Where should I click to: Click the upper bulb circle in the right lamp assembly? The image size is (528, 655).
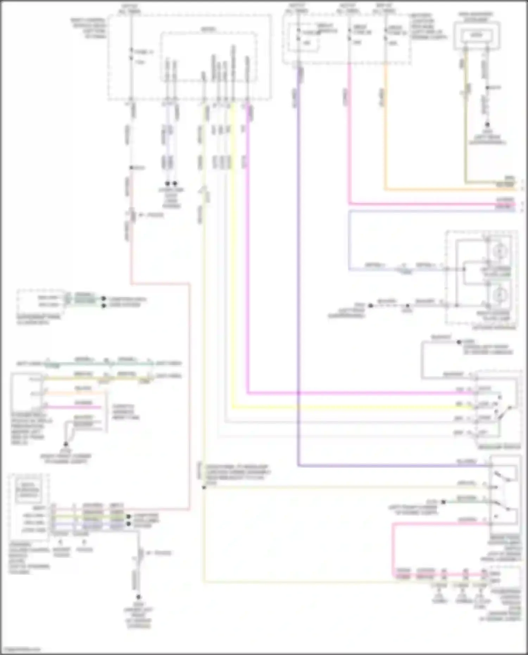pos(499,251)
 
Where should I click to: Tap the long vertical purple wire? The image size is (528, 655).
pos(298,282)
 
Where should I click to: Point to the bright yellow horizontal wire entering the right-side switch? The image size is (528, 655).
pos(352,408)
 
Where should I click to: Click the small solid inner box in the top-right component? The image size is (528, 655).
pos(477,35)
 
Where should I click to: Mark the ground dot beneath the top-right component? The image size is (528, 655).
pos(487,125)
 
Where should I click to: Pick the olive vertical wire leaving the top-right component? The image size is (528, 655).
pos(465,123)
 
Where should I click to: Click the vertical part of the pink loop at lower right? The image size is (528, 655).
pos(393,549)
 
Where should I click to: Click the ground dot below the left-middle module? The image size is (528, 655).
pos(66,444)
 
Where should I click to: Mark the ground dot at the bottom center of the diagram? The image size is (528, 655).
pos(138,597)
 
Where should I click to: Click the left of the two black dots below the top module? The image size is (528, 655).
pos(168,183)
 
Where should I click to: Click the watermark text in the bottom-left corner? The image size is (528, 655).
pos(20,649)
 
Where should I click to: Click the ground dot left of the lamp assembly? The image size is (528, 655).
pos(370,306)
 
